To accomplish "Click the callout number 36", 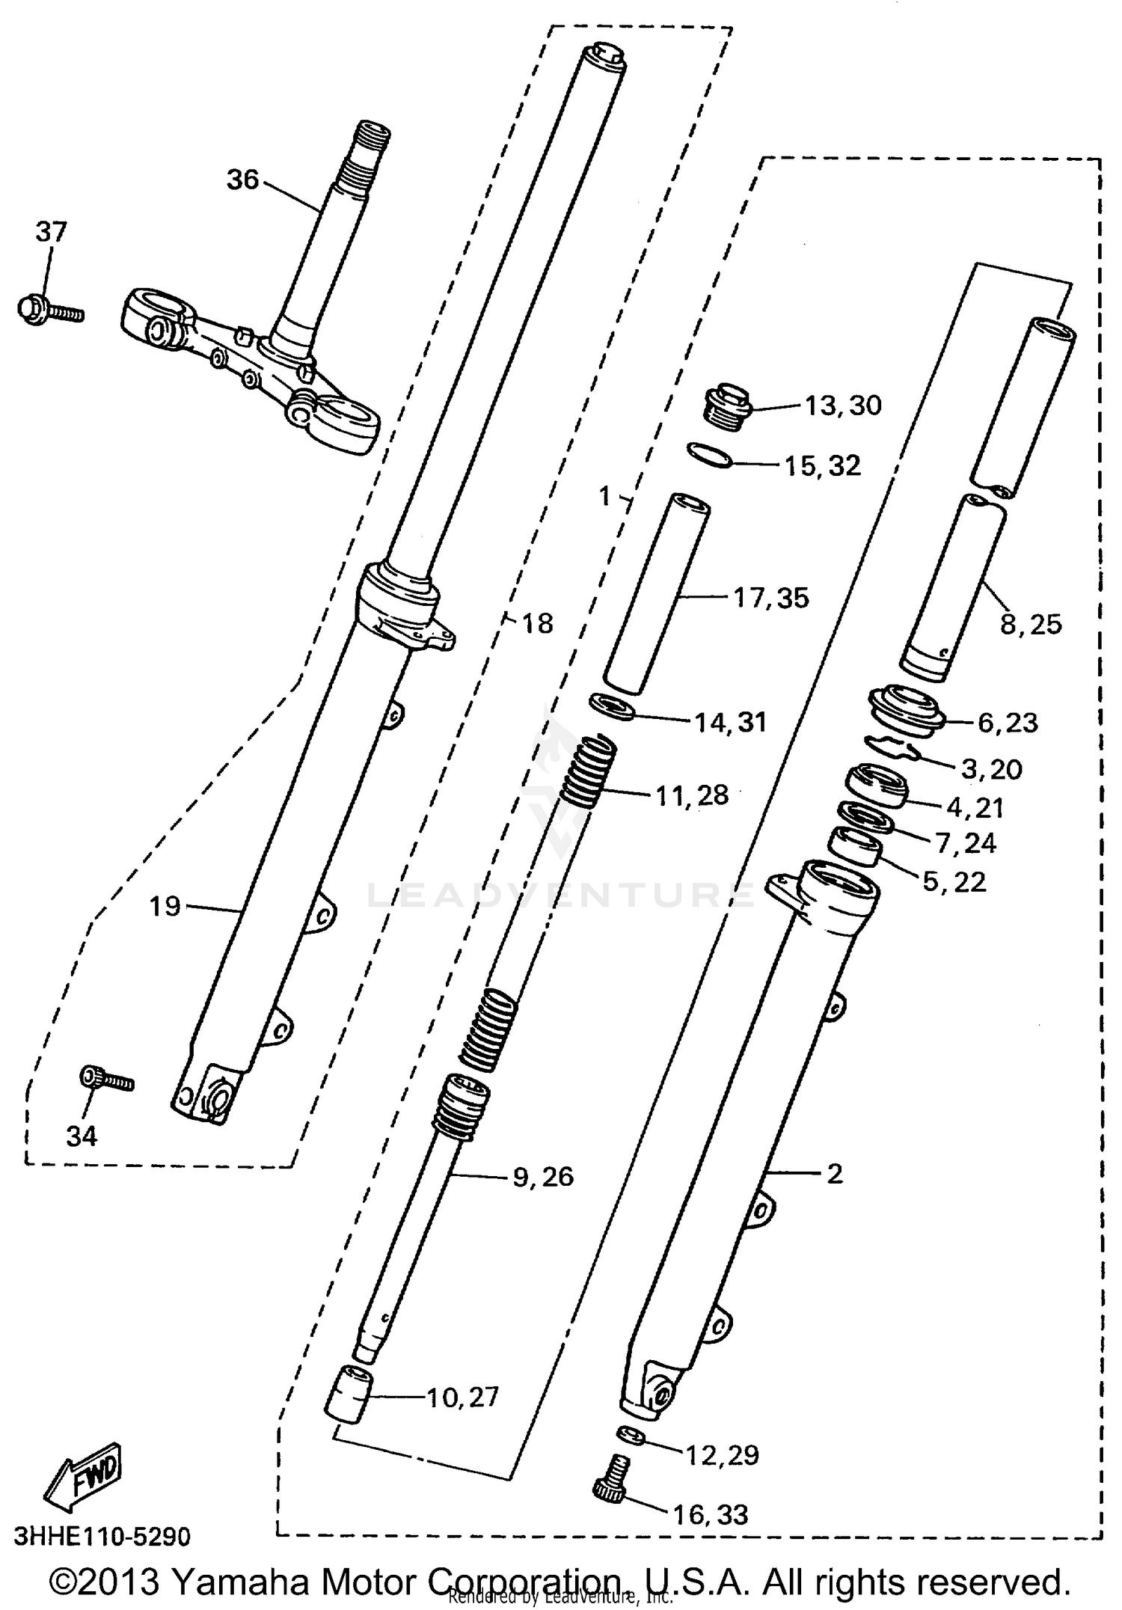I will tap(242, 180).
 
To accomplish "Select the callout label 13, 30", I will tap(843, 405).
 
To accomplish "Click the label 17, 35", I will tap(771, 598).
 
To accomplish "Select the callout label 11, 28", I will tap(692, 795).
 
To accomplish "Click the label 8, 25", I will tap(1031, 624).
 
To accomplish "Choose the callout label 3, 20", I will tap(991, 768).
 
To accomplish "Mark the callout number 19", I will tap(165, 907).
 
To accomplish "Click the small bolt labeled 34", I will tap(105, 1079).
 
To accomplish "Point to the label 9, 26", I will tap(543, 1177).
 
